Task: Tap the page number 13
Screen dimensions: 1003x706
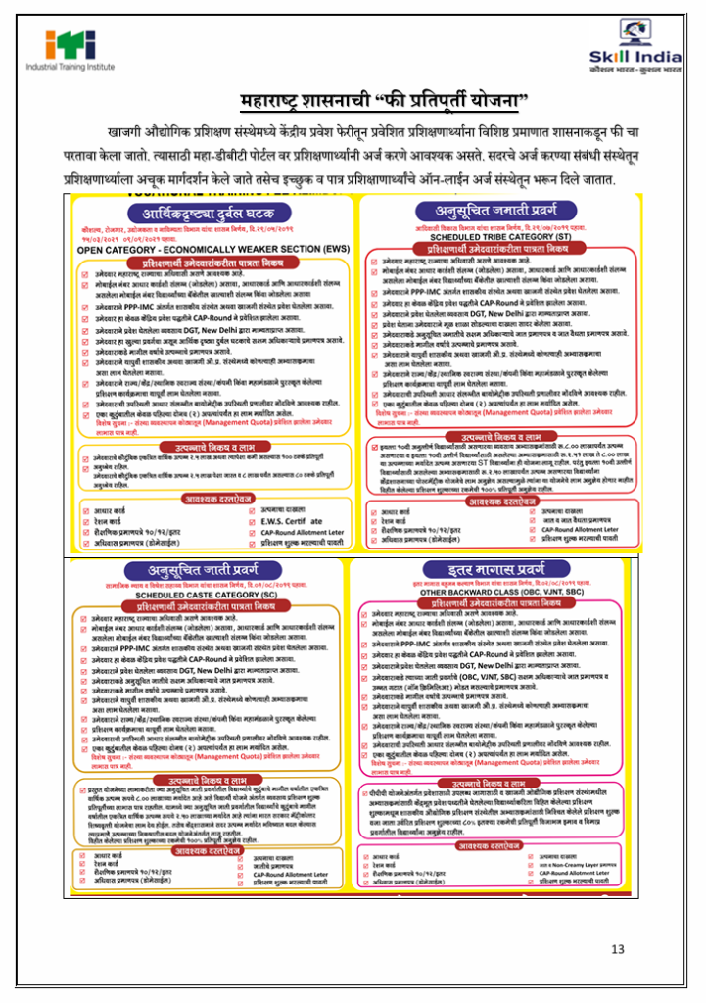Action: coord(617,949)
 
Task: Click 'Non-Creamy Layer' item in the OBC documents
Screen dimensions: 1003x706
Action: coord(585,865)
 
